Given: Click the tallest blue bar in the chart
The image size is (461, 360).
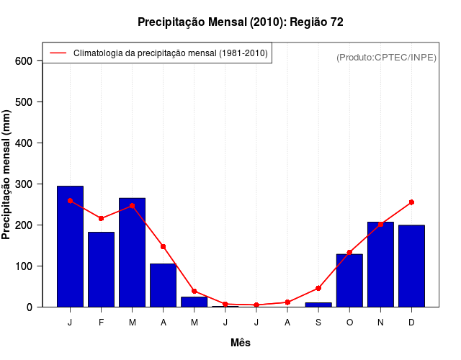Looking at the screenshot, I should pos(70,246).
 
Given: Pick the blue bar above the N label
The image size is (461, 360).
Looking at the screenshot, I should pos(380,264).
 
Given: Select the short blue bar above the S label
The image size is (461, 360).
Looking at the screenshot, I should pos(318,305).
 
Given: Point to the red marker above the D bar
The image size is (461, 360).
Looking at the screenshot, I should pos(411,202).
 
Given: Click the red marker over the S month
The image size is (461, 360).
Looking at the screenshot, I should pos(318,288).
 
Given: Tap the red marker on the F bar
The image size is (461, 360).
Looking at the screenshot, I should pos(101,218).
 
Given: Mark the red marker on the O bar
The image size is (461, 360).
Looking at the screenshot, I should pos(349,253).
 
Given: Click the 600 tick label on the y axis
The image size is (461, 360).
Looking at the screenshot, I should pos(24,61).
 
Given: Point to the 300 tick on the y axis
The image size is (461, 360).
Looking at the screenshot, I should pos(24,184).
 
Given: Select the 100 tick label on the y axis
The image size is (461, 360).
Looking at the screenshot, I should pos(24,266).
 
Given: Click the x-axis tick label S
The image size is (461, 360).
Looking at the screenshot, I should pos(318,323).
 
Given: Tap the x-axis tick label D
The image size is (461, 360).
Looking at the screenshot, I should pos(411,323).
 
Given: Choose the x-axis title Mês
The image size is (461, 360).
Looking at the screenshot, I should pos(241,343).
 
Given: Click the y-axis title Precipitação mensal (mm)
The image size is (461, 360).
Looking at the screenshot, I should pos(7,174).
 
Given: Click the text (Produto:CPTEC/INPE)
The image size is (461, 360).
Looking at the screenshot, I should pos(387,58).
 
